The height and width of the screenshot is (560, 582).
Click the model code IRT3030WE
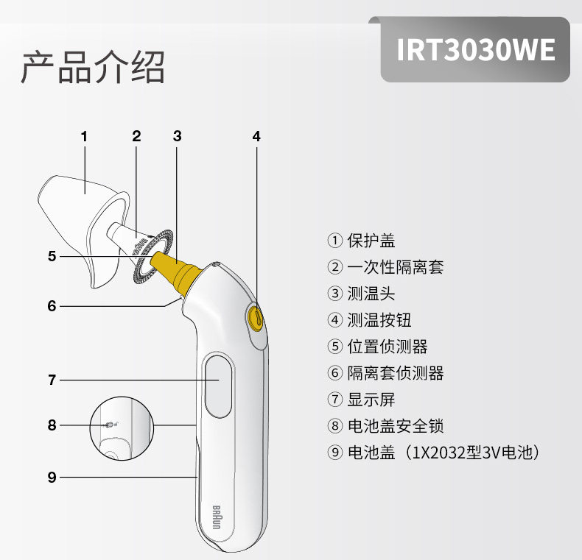(475, 51)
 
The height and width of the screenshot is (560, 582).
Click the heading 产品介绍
(93, 68)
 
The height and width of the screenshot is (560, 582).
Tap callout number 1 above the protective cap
(85, 136)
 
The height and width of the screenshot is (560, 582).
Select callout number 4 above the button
(256, 136)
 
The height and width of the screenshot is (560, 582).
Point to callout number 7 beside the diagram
(52, 380)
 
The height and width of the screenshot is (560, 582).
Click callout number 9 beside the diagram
(52, 477)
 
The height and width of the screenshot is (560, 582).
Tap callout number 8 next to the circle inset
(52, 425)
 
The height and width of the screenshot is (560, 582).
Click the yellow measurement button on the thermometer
(256, 318)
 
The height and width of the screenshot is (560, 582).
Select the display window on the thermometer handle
(219, 386)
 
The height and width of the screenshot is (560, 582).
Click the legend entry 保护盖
(371, 241)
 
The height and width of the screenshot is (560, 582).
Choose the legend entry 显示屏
(371, 399)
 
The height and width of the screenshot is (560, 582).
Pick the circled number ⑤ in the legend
(335, 346)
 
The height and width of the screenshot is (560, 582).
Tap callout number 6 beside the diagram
(52, 305)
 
